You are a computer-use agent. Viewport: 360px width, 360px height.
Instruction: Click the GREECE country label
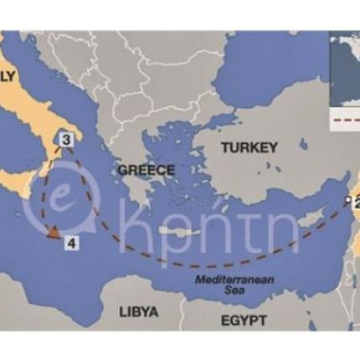coord(146,170)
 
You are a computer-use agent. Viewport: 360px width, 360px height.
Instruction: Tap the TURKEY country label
coord(249,147)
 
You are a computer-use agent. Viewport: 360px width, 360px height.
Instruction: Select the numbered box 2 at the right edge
coord(356,203)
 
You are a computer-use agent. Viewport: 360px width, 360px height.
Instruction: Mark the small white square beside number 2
coord(347,200)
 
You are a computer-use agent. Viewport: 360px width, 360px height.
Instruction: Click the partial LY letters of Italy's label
coord(8,78)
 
